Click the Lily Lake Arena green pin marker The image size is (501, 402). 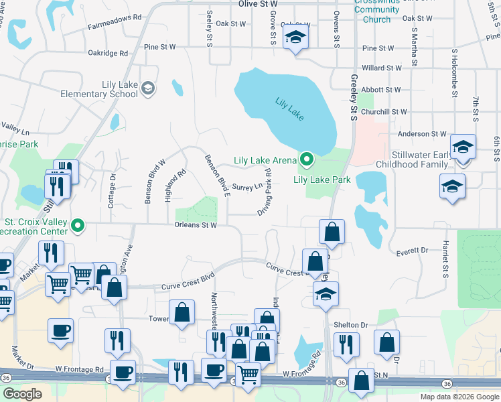pyautogui.click(x=307, y=159)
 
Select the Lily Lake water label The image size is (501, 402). pyautogui.click(x=289, y=109)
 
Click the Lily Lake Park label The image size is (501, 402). pyautogui.click(x=322, y=180)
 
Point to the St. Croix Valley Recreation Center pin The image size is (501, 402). pyautogui.click(x=78, y=225)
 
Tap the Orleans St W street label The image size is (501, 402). pyautogui.click(x=196, y=225)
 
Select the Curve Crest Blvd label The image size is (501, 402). pyautogui.click(x=188, y=286)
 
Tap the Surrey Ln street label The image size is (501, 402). pyautogui.click(x=247, y=187)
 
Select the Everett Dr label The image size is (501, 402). pyautogui.click(x=412, y=250)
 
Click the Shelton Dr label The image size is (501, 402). pyautogui.click(x=351, y=325)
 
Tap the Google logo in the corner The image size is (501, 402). pyautogui.click(x=22, y=394)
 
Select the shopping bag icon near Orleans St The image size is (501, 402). pyautogui.click(x=332, y=232)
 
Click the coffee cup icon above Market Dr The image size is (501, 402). pyautogui.click(x=61, y=330)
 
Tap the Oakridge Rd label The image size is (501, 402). pyautogui.click(x=108, y=53)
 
